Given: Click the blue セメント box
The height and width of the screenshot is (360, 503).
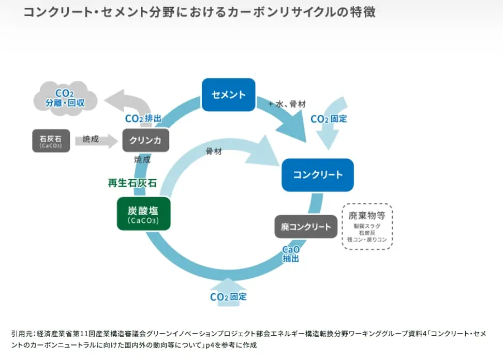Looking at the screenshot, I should pyautogui.click(x=228, y=95).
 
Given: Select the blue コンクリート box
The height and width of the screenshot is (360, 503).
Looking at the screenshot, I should pyautogui.click(x=317, y=175).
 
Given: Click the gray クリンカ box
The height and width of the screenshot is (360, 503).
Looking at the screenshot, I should pyautogui.click(x=145, y=140).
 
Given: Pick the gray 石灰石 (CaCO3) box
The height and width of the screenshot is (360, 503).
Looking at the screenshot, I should pyautogui.click(x=50, y=140).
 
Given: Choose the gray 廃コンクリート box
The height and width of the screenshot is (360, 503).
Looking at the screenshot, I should pyautogui.click(x=306, y=227).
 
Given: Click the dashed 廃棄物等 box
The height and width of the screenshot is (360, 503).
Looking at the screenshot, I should pyautogui.click(x=367, y=227).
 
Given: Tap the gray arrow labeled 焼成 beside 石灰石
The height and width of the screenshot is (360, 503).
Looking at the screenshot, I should pyautogui.click(x=95, y=140).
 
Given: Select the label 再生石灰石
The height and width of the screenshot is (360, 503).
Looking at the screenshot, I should pyautogui.click(x=132, y=183).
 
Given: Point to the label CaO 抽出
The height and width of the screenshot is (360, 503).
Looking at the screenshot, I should pyautogui.click(x=290, y=254).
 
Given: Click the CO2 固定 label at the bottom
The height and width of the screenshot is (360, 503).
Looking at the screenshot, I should pyautogui.click(x=228, y=297).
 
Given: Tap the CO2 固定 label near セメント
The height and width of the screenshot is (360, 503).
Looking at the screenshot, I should pyautogui.click(x=329, y=119).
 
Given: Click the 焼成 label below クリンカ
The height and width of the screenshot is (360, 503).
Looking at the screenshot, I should pyautogui.click(x=142, y=160).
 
